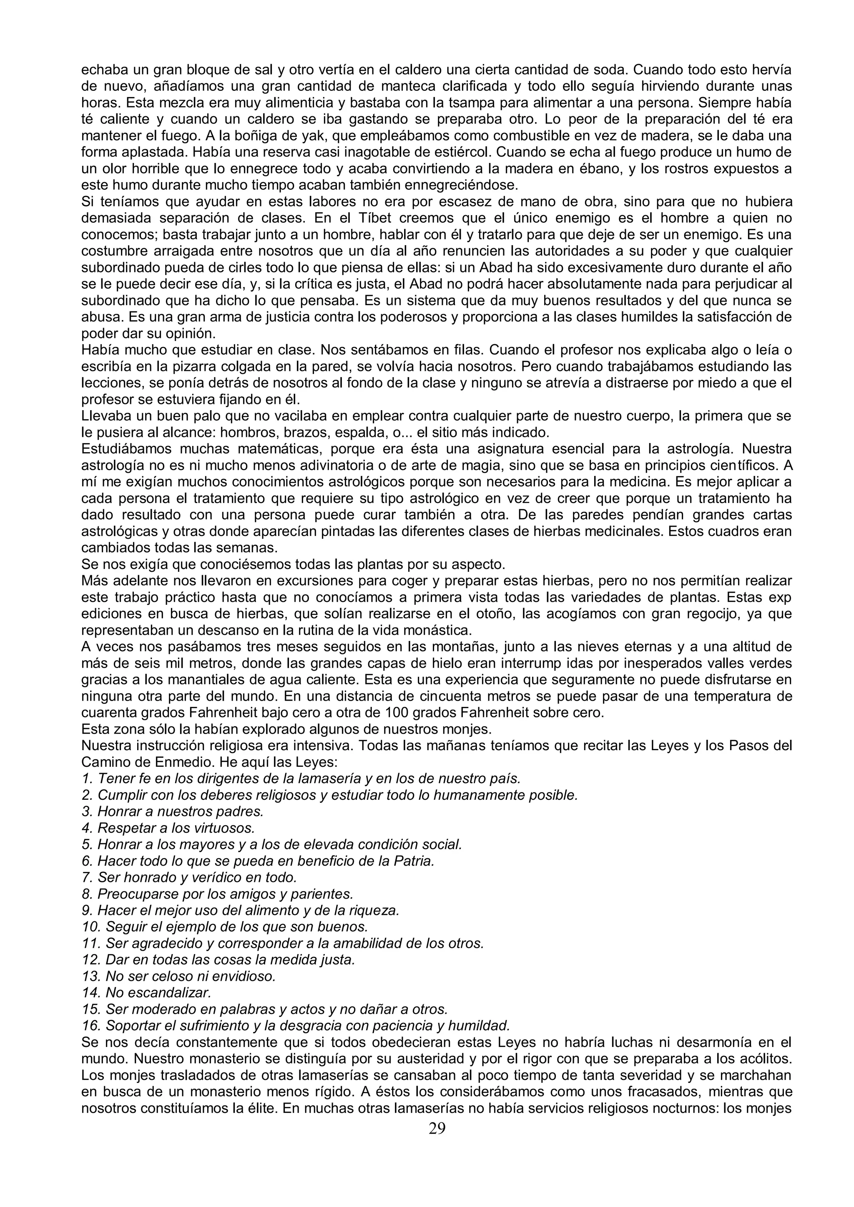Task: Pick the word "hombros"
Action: click(x=244, y=433)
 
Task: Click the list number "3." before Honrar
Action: click(x=87, y=811)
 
